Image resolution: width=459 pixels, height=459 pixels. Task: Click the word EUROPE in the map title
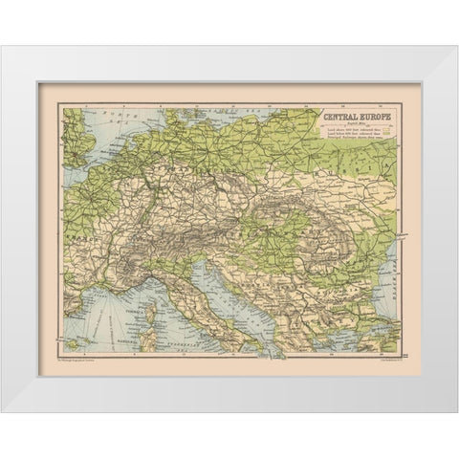tap(373, 117)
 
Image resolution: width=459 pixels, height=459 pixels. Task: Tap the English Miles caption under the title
tap(354, 123)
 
